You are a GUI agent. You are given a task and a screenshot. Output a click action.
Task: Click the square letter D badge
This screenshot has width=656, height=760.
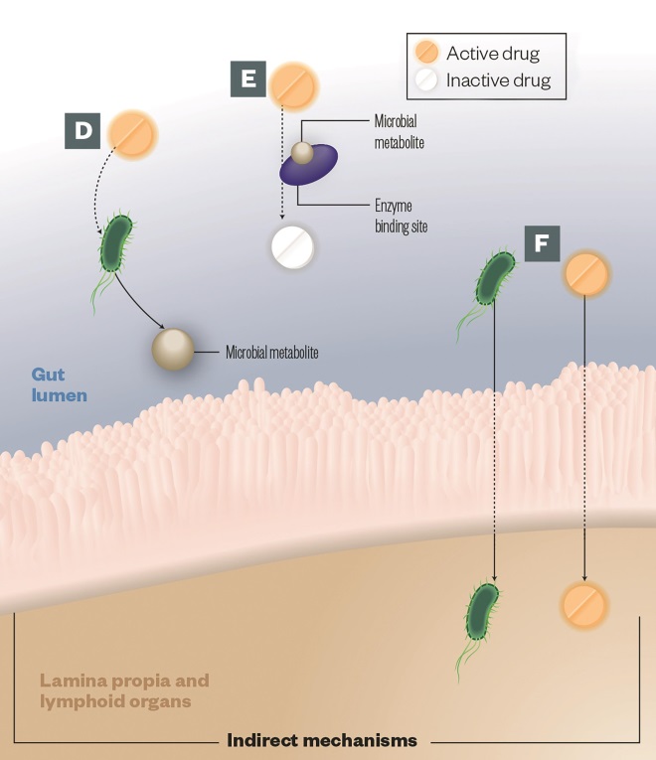83,131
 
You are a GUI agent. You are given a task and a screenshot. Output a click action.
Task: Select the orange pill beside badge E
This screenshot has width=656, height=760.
293,85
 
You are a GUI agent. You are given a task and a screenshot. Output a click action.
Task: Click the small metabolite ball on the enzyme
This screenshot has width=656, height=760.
302,152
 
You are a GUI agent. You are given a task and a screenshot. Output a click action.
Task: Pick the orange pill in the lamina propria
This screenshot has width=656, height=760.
584,603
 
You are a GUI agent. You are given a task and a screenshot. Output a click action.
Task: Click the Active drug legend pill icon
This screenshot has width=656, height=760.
427,53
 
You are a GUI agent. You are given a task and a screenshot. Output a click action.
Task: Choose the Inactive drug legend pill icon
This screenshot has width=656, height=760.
427,79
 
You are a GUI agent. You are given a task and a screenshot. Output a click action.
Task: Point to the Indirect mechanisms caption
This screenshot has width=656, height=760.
322,740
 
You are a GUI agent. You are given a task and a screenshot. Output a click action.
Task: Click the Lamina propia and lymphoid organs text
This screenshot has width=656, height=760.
124,690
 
